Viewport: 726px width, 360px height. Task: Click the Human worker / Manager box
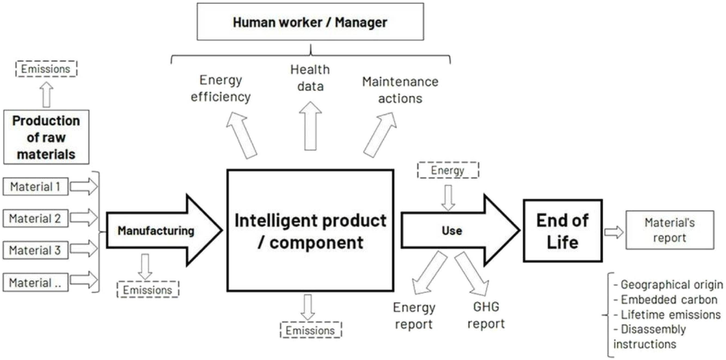click(x=310, y=22)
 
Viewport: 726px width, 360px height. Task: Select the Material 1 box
click(x=35, y=186)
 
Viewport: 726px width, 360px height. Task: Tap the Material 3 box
click(x=35, y=250)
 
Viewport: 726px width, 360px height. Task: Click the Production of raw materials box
click(x=46, y=137)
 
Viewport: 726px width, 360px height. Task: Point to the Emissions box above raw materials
click(x=46, y=69)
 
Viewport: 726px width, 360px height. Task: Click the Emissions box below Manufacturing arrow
click(x=148, y=290)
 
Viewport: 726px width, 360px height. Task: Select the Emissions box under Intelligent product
click(x=311, y=330)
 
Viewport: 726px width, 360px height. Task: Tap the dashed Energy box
click(x=448, y=170)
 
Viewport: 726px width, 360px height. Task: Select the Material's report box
click(x=670, y=230)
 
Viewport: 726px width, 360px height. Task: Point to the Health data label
click(x=310, y=78)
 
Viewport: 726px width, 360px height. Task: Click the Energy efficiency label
click(x=221, y=88)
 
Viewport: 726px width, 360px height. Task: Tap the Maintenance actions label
click(x=400, y=90)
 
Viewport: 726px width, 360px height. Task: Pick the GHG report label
click(x=486, y=315)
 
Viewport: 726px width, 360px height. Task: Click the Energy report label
click(x=414, y=315)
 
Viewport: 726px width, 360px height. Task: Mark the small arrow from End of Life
click(x=614, y=232)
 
